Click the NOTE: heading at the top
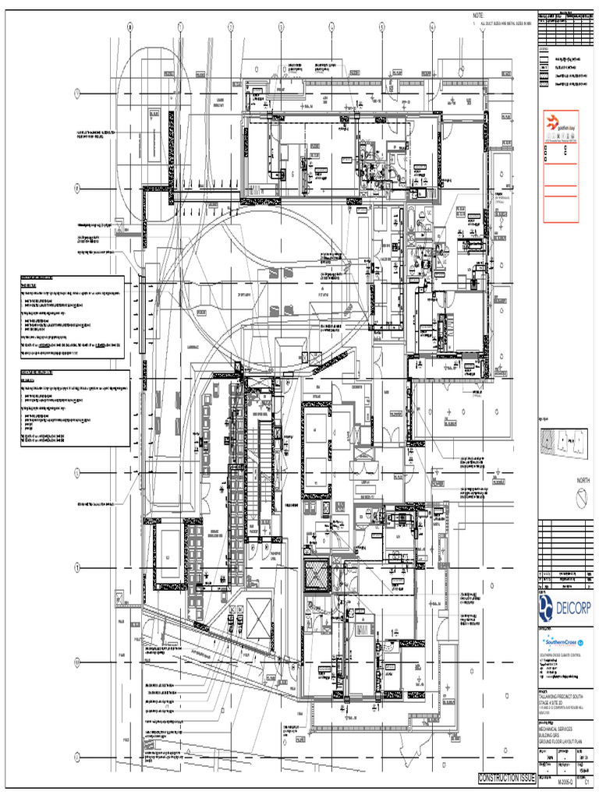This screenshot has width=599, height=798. (x=478, y=16)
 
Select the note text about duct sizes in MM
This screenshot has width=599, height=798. (x=502, y=24)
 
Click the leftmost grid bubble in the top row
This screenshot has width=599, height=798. (x=130, y=27)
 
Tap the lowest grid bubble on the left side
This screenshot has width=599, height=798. (x=78, y=757)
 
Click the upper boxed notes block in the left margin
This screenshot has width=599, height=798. (x=72, y=316)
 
